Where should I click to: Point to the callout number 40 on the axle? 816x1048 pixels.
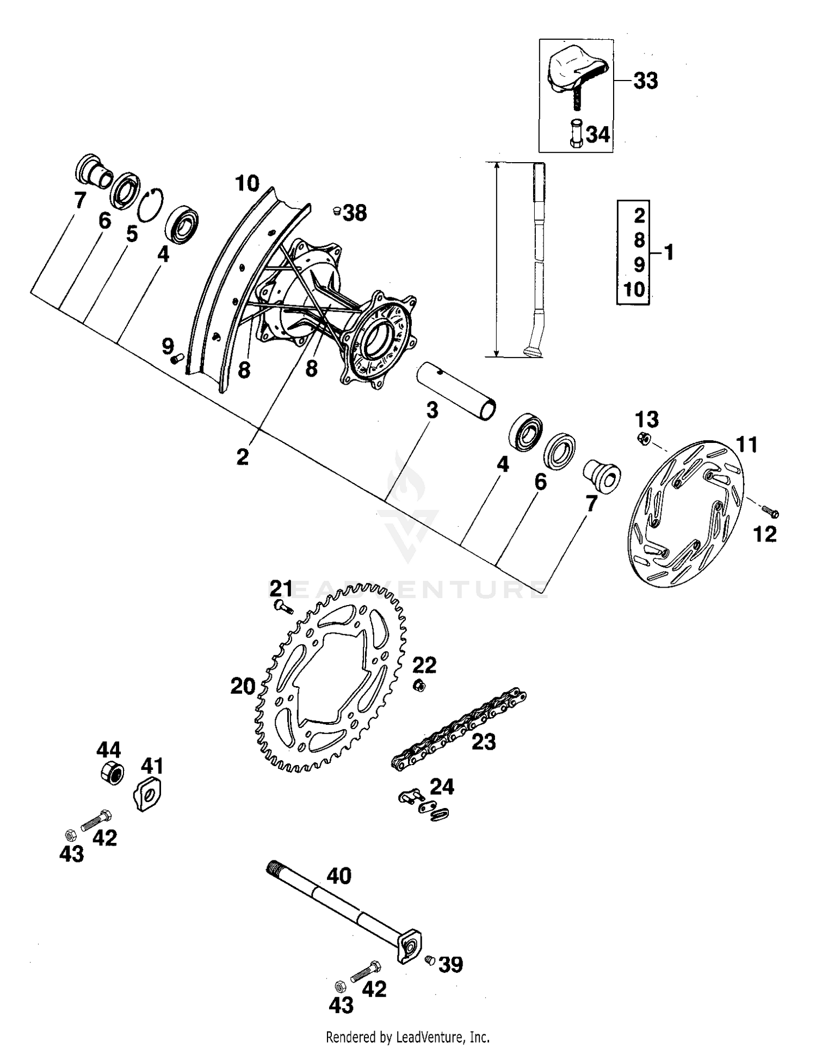pyautogui.click(x=338, y=876)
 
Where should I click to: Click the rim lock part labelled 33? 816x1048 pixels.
pyautogui.click(x=577, y=73)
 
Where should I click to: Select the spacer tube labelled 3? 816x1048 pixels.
pyautogui.click(x=456, y=391)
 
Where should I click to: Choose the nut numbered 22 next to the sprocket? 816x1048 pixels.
pyautogui.click(x=419, y=686)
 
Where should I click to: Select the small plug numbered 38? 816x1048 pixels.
pyautogui.click(x=337, y=211)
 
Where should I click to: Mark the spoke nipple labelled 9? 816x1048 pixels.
pyautogui.click(x=176, y=359)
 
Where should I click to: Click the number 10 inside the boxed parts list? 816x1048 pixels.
pyautogui.click(x=634, y=289)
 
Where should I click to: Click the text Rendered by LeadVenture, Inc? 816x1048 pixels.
pyautogui.click(x=407, y=1037)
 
